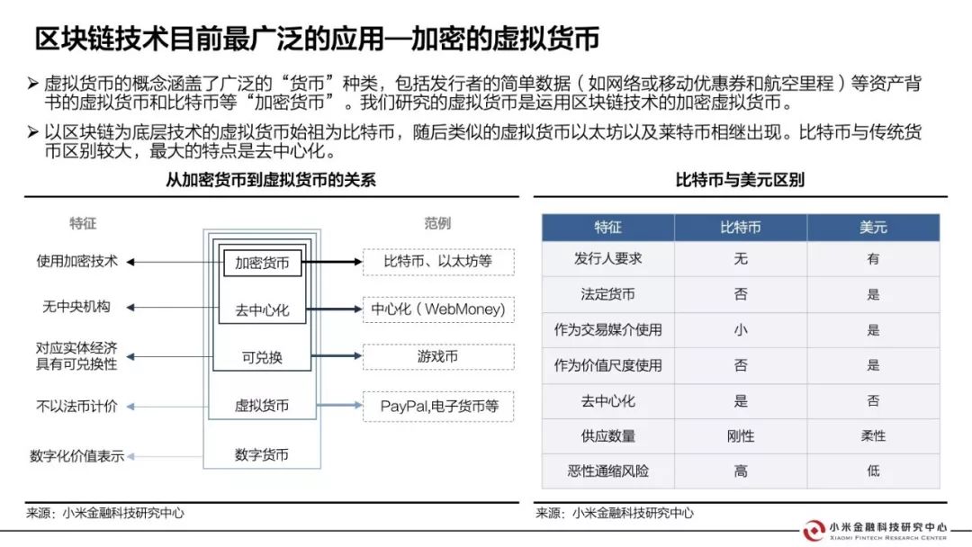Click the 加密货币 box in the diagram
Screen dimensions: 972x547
point(262,263)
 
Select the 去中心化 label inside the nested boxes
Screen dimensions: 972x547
point(262,309)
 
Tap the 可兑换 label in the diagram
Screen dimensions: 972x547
point(262,357)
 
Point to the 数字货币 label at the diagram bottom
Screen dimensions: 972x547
point(262,454)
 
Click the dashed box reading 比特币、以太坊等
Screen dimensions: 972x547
point(438,262)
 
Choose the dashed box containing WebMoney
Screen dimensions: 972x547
point(438,309)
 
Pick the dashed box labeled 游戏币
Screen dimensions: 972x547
point(438,357)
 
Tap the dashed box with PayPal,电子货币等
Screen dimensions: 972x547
point(438,407)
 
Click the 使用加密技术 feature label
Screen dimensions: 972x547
point(76,262)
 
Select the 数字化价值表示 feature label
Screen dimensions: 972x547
point(76,456)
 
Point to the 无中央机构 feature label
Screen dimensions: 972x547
point(76,307)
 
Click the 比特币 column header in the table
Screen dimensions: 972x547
point(741,228)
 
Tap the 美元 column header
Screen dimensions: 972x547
point(873,228)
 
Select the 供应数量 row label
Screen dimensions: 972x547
point(608,436)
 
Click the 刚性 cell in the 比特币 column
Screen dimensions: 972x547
point(741,436)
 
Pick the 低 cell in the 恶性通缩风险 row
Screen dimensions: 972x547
point(873,471)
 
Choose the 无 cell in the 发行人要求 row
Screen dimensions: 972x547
point(741,259)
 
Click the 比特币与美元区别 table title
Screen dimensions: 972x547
point(740,180)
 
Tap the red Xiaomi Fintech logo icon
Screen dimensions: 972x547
point(814,531)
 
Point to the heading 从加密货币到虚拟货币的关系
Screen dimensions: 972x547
point(271,180)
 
